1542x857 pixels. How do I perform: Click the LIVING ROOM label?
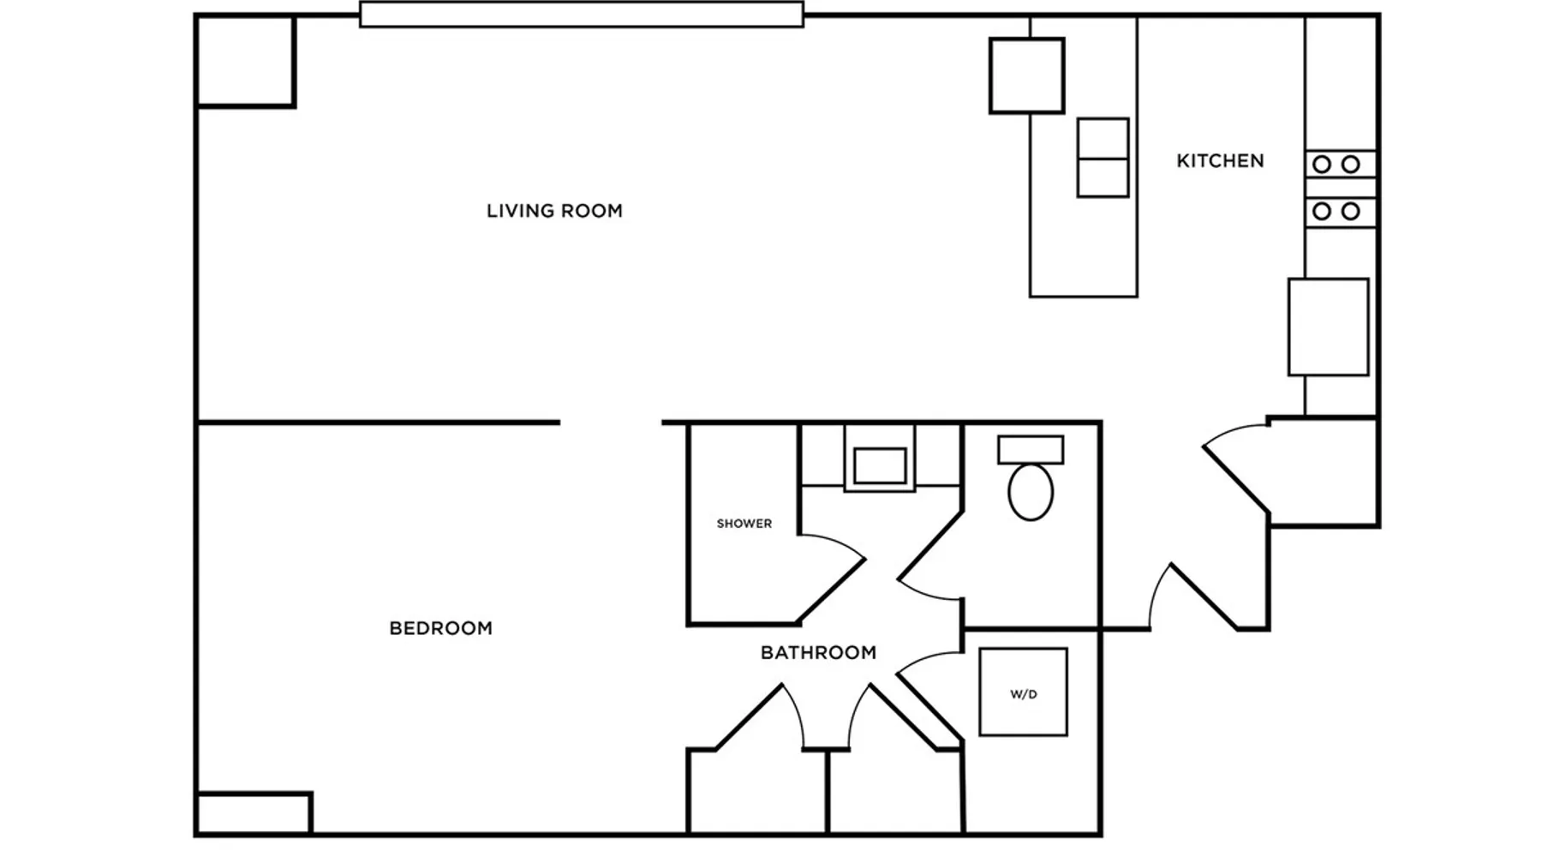(x=554, y=211)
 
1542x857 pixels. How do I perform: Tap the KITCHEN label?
(x=1220, y=161)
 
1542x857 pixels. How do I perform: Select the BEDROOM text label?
(x=440, y=628)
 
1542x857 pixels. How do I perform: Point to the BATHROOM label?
(x=818, y=653)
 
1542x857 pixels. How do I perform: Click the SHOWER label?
(x=744, y=524)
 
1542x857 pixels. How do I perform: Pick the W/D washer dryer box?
(x=1024, y=692)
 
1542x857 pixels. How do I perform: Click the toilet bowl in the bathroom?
(x=1031, y=492)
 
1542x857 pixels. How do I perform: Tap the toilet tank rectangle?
(x=1031, y=450)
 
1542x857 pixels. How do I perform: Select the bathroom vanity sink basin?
(x=880, y=466)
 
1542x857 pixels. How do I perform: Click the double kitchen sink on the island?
(x=1103, y=158)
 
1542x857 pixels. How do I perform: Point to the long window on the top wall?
(x=582, y=15)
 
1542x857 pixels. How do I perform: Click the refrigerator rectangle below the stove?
(x=1328, y=327)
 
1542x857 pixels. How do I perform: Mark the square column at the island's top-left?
(x=1027, y=75)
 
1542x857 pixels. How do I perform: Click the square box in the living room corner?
(x=246, y=61)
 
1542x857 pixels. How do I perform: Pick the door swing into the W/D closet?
(x=929, y=694)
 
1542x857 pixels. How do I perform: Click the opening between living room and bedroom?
(x=611, y=423)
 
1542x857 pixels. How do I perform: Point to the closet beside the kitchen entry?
(x=1324, y=471)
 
